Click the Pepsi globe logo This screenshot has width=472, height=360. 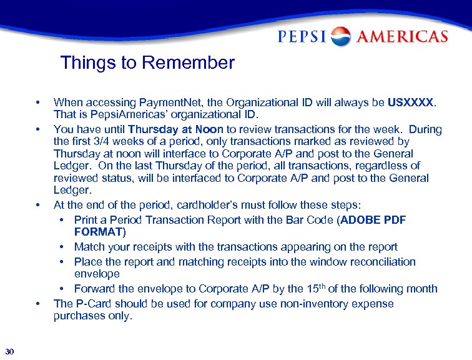341,36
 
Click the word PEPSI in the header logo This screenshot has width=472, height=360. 303,37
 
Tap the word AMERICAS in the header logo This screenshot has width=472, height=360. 401,37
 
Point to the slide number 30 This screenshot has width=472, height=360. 9,350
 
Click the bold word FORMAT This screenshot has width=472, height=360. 100,232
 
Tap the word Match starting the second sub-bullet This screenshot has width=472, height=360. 89,247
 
